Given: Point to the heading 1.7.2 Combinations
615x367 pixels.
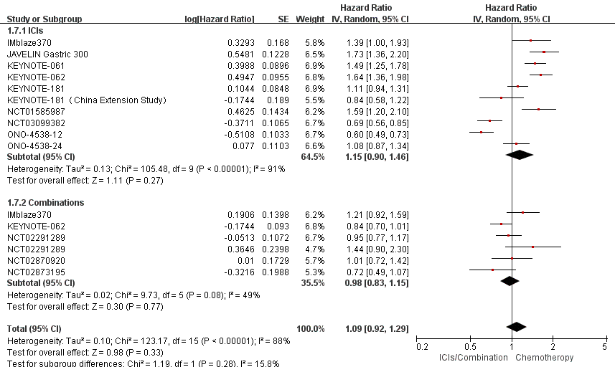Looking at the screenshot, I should click(45, 202).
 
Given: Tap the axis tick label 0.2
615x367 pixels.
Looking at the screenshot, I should click(423, 346).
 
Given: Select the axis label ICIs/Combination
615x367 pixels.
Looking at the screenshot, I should click(471, 357).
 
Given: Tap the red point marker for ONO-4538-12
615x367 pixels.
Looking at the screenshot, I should click(482, 132).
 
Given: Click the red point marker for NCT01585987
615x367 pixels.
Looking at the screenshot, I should click(538, 110).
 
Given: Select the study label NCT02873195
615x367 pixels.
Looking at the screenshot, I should click(33, 271).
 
